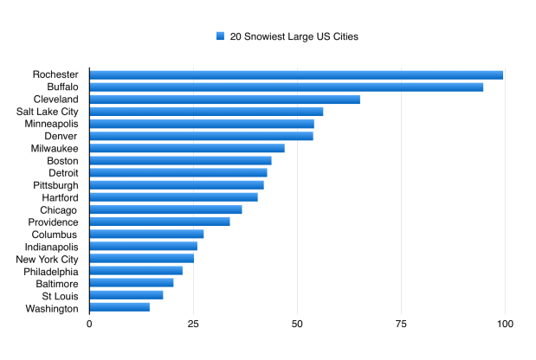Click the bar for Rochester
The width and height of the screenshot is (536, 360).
[x=296, y=74]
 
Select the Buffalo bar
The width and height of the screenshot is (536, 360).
[x=286, y=87]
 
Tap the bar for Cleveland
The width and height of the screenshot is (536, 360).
[x=224, y=100]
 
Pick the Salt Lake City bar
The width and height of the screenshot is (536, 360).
[x=206, y=112]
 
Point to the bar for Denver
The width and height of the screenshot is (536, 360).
[x=201, y=136]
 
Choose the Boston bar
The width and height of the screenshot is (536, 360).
[x=180, y=160]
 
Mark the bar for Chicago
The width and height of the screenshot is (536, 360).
[x=165, y=209]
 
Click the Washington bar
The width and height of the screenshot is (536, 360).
[x=119, y=307]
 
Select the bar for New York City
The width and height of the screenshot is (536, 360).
[x=141, y=259]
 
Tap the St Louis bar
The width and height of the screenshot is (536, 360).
[x=126, y=295]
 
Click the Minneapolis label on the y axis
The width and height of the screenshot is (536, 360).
[x=53, y=124]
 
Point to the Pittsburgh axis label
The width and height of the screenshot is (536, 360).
[x=55, y=185]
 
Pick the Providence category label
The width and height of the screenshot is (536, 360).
[x=53, y=222]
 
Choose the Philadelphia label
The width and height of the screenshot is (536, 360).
[x=51, y=271]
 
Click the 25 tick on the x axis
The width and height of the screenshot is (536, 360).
[x=193, y=324]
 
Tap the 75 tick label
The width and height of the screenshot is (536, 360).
[x=401, y=324]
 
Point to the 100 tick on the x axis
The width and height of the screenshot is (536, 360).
[x=505, y=324]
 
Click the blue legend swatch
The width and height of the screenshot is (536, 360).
[x=221, y=36]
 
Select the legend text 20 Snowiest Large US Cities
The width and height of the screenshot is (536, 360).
[x=294, y=36]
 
